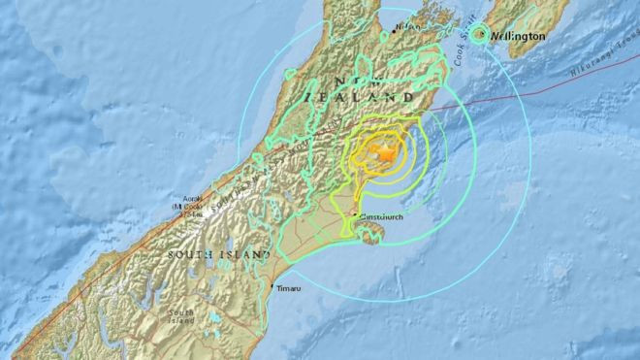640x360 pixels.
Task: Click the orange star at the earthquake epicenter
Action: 386,153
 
